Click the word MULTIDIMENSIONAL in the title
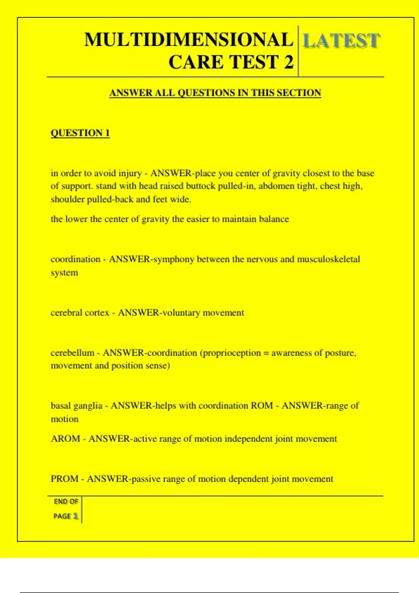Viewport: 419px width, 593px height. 189,39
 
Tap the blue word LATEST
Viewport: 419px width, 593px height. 341,41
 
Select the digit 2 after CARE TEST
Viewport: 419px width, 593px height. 288,62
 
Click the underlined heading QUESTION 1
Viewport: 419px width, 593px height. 80,133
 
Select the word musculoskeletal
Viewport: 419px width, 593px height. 328,259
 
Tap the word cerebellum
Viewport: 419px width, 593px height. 72,353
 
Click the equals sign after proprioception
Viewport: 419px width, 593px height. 266,353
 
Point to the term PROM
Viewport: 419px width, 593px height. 64,479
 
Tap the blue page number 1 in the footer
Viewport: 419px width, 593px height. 75,516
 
